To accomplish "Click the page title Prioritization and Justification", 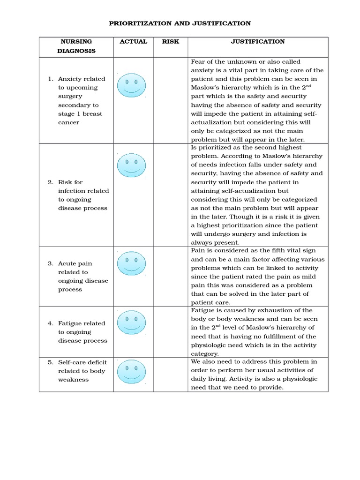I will click(x=180, y=23).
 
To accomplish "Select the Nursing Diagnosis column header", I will click(x=76, y=46).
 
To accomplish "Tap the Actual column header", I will click(x=133, y=41).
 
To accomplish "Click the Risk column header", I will click(x=170, y=41).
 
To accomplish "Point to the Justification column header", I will click(x=257, y=41).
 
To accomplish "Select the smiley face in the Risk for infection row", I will click(x=131, y=165).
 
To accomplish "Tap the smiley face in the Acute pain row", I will click(x=131, y=263).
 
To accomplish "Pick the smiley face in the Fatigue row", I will click(x=131, y=322).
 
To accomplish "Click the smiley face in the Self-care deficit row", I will click(x=131, y=372).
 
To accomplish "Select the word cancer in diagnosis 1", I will click(x=68, y=122).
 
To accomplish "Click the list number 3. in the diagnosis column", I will click(x=51, y=263).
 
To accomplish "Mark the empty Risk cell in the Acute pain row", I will click(x=170, y=277).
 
